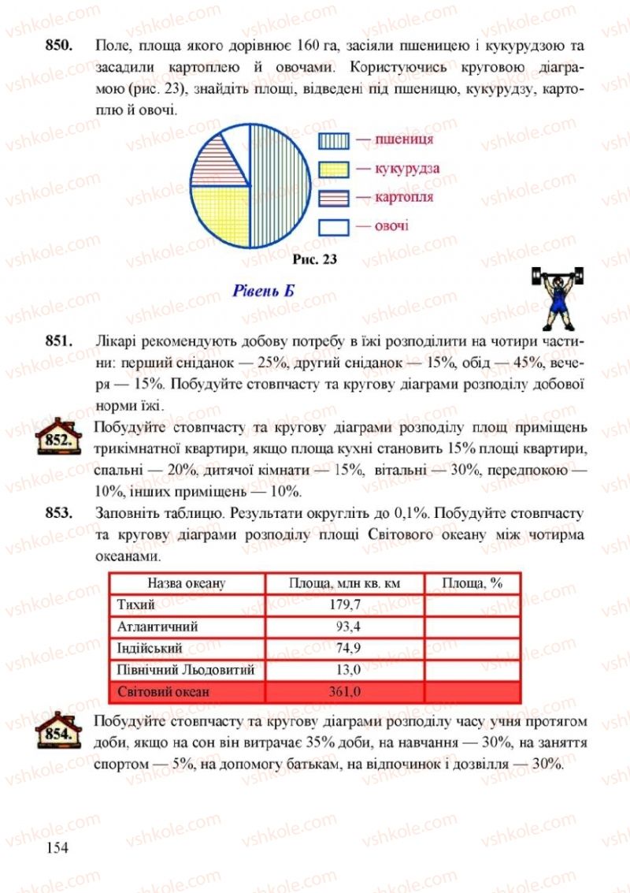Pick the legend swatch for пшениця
coord(333,140)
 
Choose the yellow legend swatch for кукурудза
coord(333,169)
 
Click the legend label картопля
coord(404,197)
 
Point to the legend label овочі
coord(391,226)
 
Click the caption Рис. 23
coord(313,259)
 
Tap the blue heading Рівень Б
coord(264,290)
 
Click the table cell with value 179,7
coord(344,605)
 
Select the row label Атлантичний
coord(157,627)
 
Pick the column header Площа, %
coord(472,583)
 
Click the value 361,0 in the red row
coord(343,692)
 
